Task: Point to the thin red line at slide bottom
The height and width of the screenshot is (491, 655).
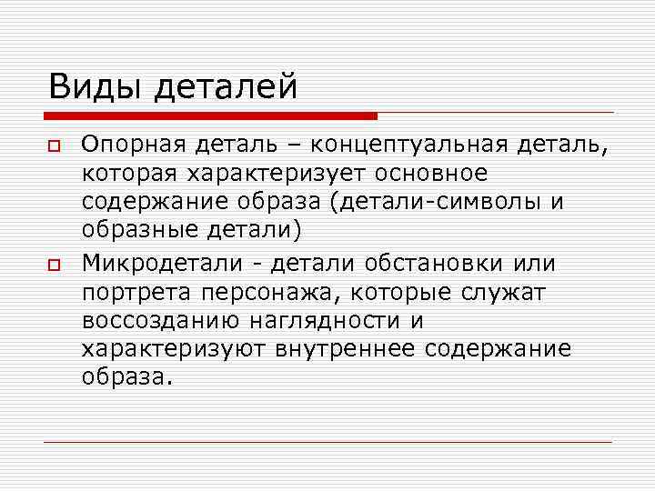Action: click(327, 442)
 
